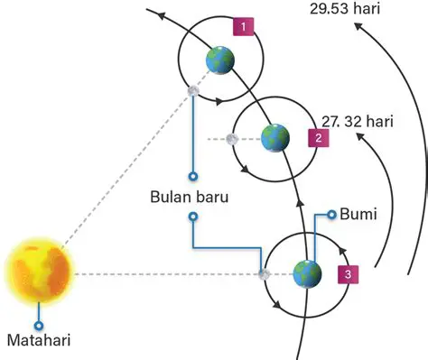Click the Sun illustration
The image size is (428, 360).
(x=38, y=272)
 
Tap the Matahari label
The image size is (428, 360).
(x=38, y=341)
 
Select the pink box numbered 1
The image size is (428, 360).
(x=242, y=26)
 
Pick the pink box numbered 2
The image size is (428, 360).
(x=317, y=138)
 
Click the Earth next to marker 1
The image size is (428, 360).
(x=219, y=60)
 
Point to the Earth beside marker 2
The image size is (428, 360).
(x=274, y=138)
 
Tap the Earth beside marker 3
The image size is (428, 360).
(x=307, y=273)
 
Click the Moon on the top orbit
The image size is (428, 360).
(x=192, y=90)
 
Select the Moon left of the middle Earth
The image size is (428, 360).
(x=232, y=139)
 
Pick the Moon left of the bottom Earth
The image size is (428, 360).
(x=265, y=274)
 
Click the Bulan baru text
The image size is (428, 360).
(x=191, y=197)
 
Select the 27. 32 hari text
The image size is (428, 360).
(x=358, y=119)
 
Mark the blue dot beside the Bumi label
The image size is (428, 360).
(x=332, y=215)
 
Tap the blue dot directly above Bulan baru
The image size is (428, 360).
(x=191, y=177)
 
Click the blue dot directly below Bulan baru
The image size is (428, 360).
(x=191, y=217)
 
